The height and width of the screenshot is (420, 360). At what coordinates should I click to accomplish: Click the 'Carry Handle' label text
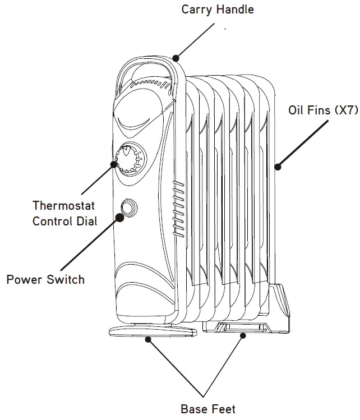pos(218,10)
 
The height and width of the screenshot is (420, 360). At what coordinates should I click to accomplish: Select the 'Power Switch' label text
pos(45,279)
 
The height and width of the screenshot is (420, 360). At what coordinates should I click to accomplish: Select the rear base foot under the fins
pos(242,327)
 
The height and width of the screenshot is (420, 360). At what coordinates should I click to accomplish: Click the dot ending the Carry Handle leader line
pos(176,57)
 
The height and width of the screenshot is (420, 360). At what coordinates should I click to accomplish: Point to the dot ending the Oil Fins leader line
pos(278,166)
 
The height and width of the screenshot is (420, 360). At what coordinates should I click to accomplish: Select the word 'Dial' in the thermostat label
pos(86,221)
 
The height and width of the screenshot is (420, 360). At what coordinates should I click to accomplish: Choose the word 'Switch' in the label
pos(66,279)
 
